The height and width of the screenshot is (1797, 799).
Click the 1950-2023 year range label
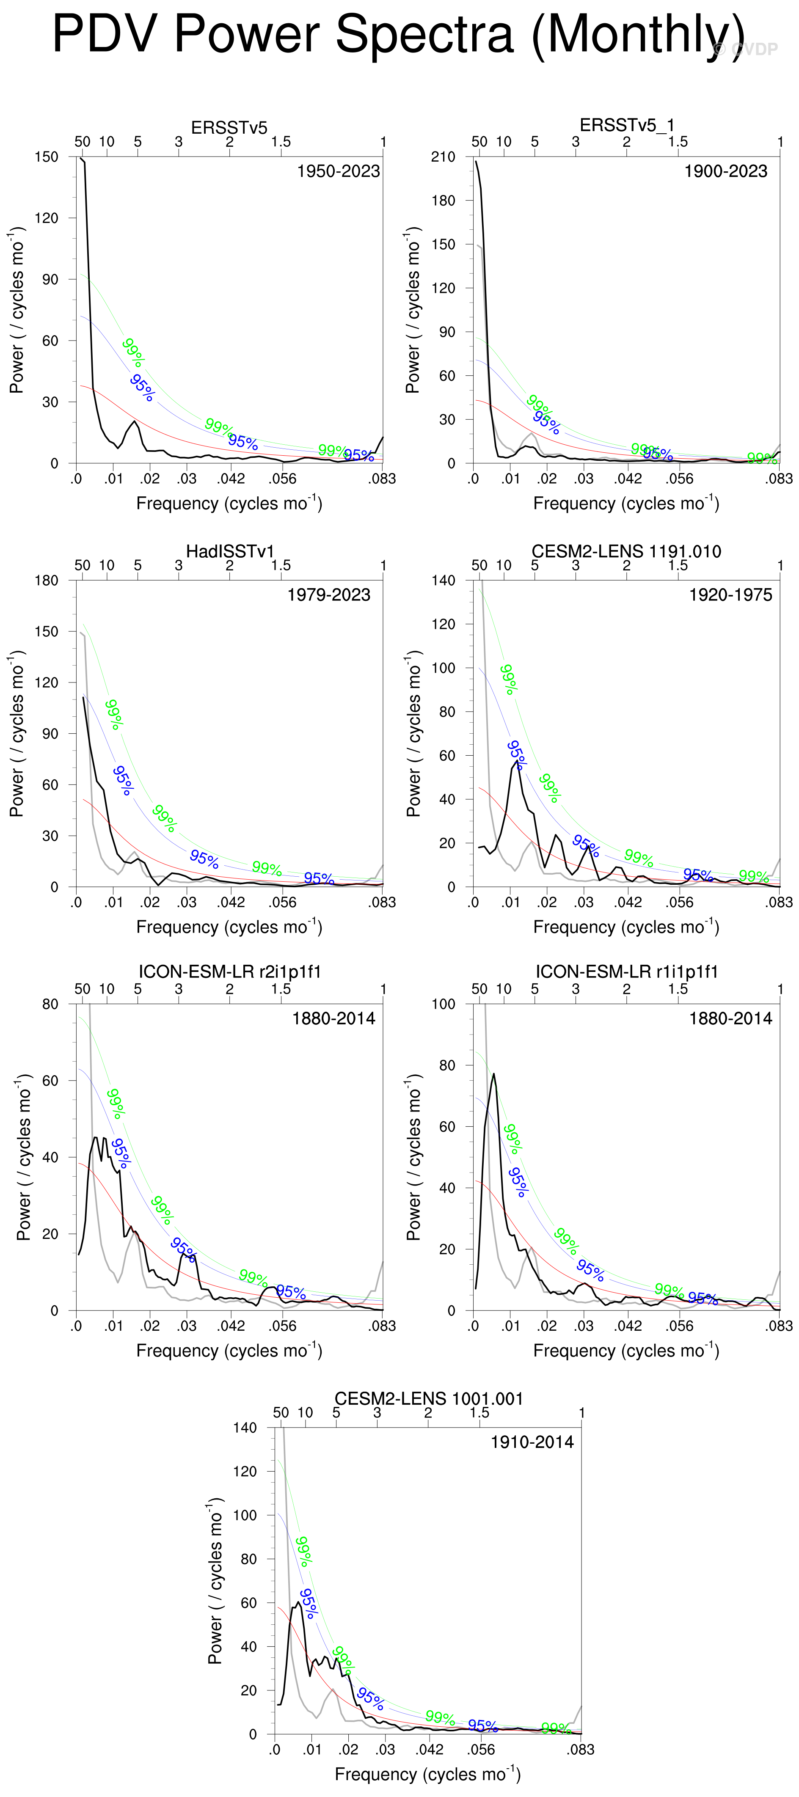point(339,172)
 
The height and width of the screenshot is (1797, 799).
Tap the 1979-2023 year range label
point(329,595)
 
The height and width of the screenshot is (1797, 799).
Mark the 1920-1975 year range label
point(730,595)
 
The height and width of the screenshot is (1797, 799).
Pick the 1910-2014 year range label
point(532,1442)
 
